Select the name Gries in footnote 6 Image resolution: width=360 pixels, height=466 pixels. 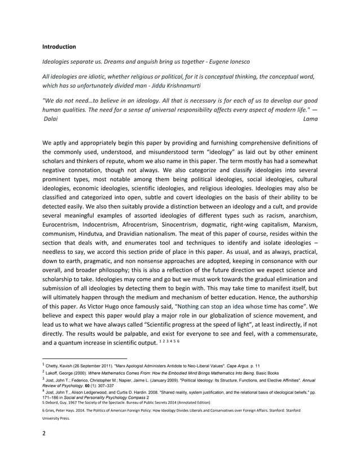52,420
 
